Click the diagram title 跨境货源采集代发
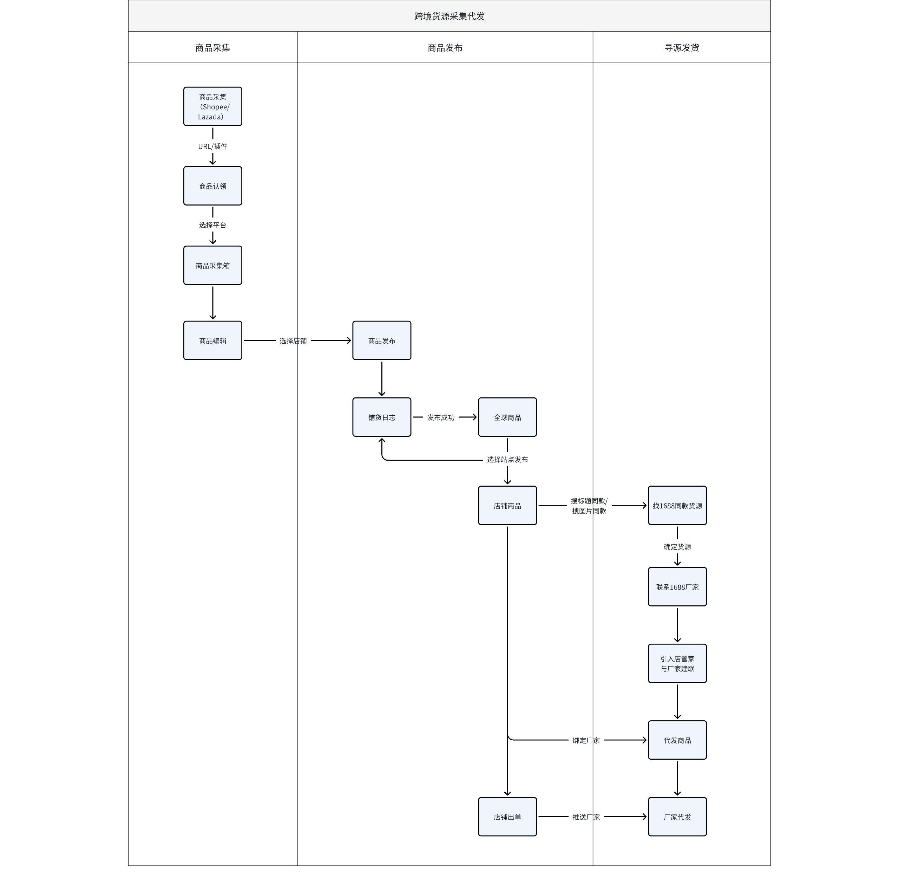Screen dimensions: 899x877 tap(449, 16)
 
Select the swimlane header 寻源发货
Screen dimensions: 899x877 tap(682, 47)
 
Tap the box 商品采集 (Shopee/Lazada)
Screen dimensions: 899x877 tap(213, 106)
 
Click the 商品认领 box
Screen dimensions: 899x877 tap(213, 186)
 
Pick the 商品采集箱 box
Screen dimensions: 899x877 tap(213, 265)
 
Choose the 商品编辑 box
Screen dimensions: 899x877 tap(213, 340)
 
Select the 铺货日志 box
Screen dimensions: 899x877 tap(382, 417)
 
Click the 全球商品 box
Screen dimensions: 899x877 tap(507, 417)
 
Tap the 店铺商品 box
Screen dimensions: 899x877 tap(507, 505)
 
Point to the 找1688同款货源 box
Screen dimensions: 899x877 tap(677, 505)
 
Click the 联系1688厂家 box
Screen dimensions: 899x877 tap(677, 587)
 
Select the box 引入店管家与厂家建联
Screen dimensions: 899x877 tap(677, 663)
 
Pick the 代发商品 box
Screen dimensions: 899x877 tap(677, 740)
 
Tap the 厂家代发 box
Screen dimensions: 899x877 tap(677, 817)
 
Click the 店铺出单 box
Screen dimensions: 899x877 tap(507, 817)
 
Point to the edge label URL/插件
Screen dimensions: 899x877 tap(213, 147)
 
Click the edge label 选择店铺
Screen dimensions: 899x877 tap(293, 341)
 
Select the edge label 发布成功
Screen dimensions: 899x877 tap(441, 417)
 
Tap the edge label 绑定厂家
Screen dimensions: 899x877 tap(586, 741)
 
